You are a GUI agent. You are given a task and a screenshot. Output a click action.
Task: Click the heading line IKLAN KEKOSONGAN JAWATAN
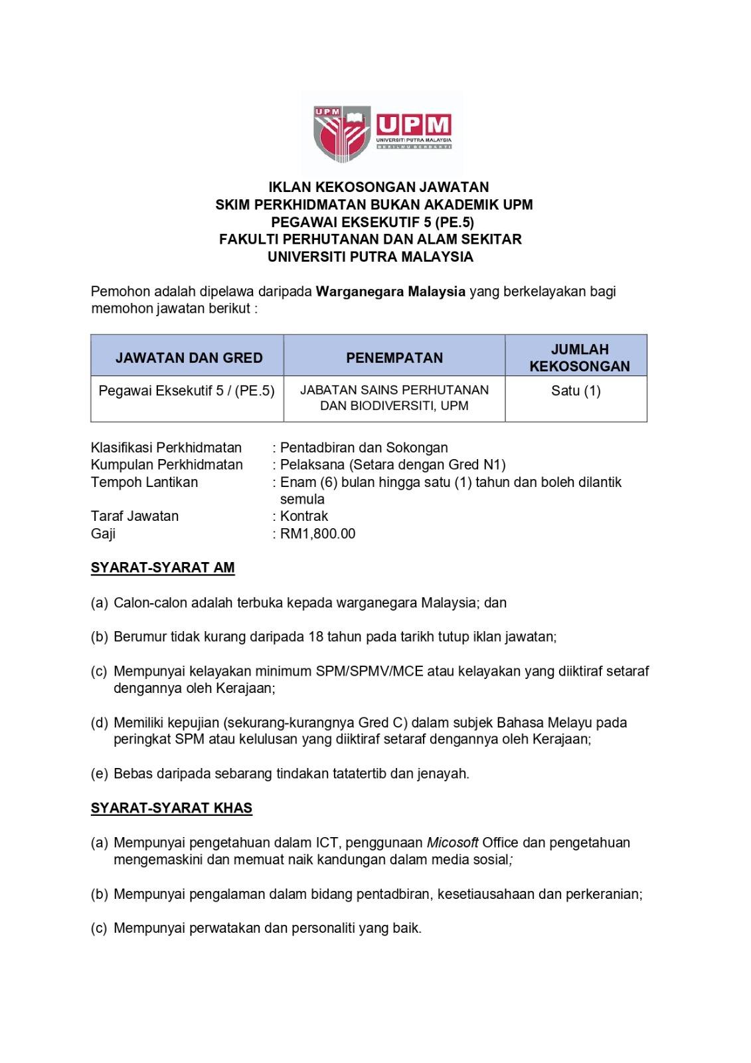tap(378, 187)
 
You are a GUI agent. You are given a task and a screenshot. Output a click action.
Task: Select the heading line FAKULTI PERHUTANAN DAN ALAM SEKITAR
tap(371, 239)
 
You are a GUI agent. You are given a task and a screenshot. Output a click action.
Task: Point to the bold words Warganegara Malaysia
tap(390, 291)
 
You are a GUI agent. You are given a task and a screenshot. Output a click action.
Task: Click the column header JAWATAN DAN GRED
tap(189, 357)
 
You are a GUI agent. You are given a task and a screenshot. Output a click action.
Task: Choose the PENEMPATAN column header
tap(394, 357)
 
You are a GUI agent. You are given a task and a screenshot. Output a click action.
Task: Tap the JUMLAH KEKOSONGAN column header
tap(579, 357)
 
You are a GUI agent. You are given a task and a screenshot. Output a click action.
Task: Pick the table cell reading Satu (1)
tap(576, 391)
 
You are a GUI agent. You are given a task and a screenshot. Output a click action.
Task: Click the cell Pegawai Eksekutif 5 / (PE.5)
tap(187, 391)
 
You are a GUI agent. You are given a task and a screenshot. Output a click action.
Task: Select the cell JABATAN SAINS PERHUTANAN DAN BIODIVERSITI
tap(394, 398)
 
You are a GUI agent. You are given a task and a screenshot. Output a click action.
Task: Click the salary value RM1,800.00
tap(317, 533)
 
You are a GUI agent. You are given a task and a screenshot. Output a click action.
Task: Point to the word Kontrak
tap(304, 516)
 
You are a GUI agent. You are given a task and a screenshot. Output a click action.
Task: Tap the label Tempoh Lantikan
tap(144, 482)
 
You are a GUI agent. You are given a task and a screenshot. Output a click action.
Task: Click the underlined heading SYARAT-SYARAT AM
tap(163, 567)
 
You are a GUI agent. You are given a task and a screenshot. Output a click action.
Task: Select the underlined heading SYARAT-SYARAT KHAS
tap(171, 808)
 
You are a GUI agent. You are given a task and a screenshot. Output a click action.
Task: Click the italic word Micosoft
tap(452, 842)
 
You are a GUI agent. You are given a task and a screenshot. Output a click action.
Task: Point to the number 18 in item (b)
tap(316, 636)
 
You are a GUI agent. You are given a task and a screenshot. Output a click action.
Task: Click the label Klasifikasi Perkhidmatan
tap(166, 448)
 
